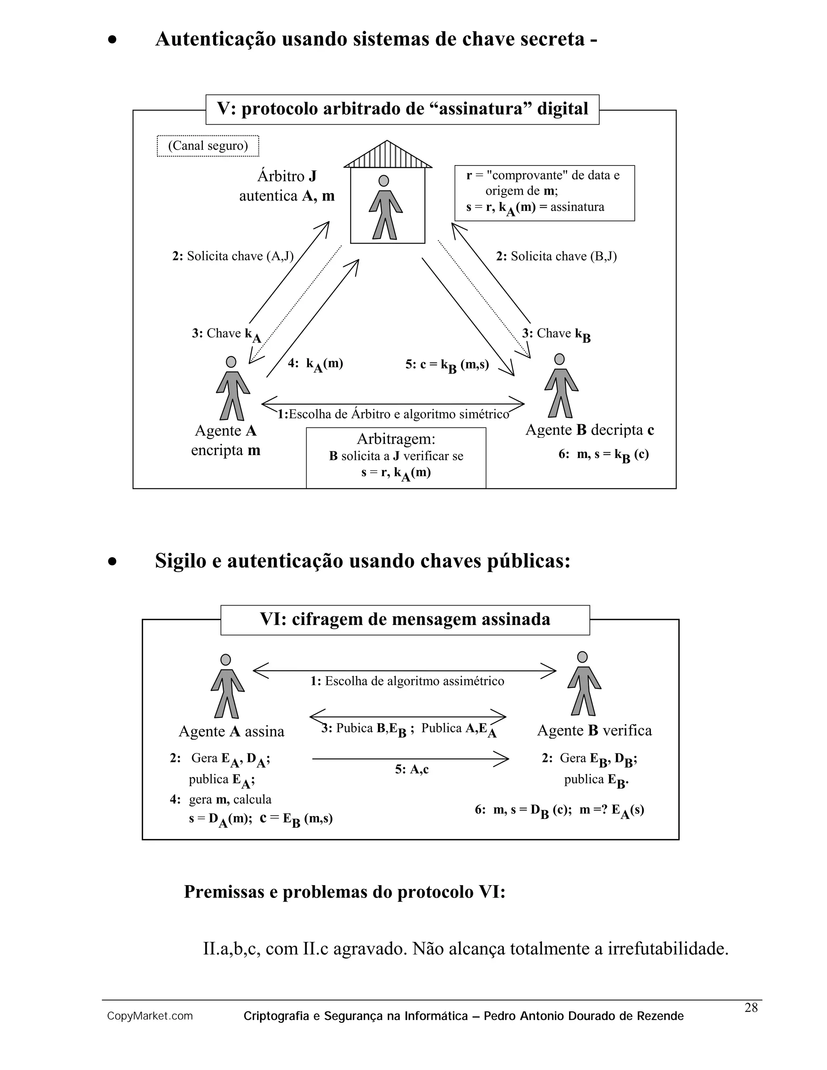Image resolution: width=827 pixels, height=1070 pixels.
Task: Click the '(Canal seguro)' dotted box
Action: (x=208, y=146)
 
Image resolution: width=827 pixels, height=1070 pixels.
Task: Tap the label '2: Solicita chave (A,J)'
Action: (x=233, y=256)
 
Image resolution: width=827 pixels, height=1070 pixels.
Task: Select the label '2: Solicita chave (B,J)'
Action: (x=556, y=256)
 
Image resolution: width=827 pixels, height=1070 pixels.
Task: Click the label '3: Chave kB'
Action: (x=556, y=334)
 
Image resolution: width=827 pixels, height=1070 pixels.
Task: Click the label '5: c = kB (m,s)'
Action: (x=447, y=365)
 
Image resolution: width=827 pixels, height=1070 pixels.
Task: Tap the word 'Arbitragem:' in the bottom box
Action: (x=396, y=438)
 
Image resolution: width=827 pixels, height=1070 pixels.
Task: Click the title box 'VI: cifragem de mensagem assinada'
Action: (x=405, y=620)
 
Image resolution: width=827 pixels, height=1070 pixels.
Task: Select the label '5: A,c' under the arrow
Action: (x=411, y=770)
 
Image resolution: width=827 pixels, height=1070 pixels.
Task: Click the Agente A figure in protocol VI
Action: (x=227, y=686)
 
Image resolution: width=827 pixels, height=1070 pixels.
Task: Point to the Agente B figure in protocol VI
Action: (x=584, y=684)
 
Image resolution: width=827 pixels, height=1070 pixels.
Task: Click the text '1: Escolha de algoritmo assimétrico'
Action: (x=407, y=682)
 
